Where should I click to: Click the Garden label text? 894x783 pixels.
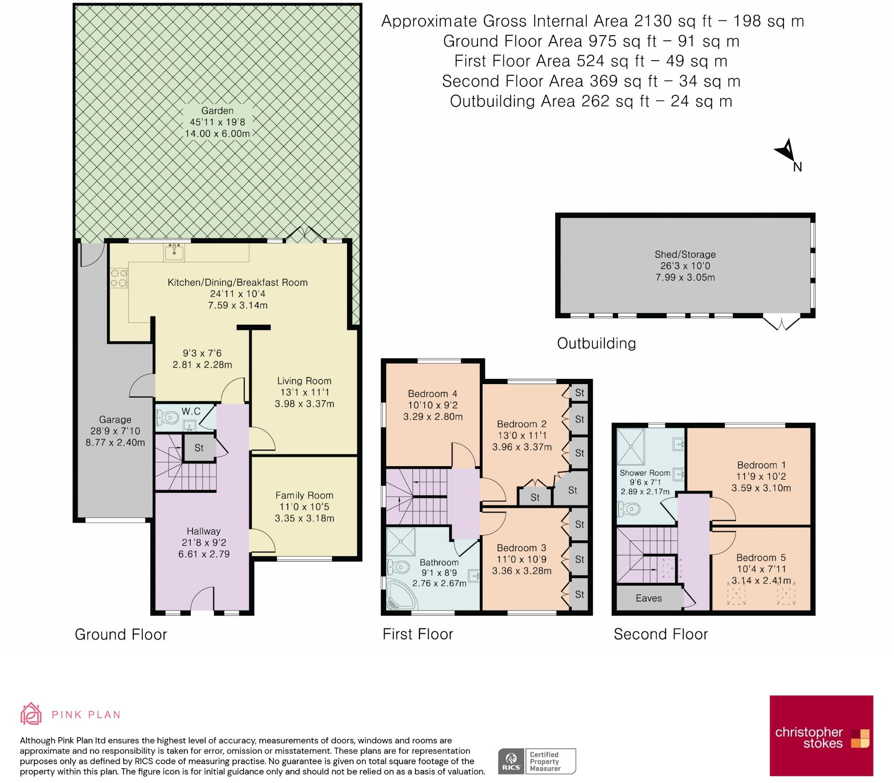click(217, 111)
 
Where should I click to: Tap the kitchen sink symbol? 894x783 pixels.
click(174, 252)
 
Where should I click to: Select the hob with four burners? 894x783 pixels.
click(119, 278)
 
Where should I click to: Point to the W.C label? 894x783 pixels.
click(191, 411)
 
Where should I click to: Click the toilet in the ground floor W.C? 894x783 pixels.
click(168, 418)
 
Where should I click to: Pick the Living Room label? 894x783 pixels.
click(304, 381)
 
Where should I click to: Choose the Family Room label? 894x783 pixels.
click(304, 495)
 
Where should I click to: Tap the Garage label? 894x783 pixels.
click(115, 419)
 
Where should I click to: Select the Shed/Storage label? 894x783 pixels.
click(685, 254)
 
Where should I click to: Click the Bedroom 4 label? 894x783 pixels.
click(433, 394)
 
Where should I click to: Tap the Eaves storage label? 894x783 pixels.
click(649, 598)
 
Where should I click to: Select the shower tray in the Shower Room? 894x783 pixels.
click(630, 446)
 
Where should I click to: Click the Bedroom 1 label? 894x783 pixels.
click(761, 465)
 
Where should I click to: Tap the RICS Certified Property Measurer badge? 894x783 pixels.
click(537, 761)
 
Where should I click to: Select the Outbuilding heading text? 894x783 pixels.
click(596, 343)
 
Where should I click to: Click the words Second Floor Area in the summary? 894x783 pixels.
click(512, 81)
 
